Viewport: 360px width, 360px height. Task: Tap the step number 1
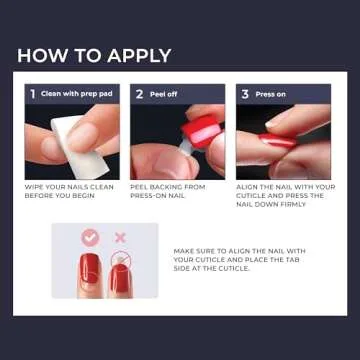pyautogui.click(x=32, y=94)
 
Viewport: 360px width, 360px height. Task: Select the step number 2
pyautogui.click(x=139, y=94)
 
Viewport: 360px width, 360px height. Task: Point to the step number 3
pyautogui.click(x=245, y=94)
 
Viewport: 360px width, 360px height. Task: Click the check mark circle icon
pyautogui.click(x=89, y=238)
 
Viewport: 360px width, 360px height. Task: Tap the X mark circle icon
pyautogui.click(x=119, y=238)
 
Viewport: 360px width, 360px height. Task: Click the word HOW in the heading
pyautogui.click(x=39, y=55)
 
